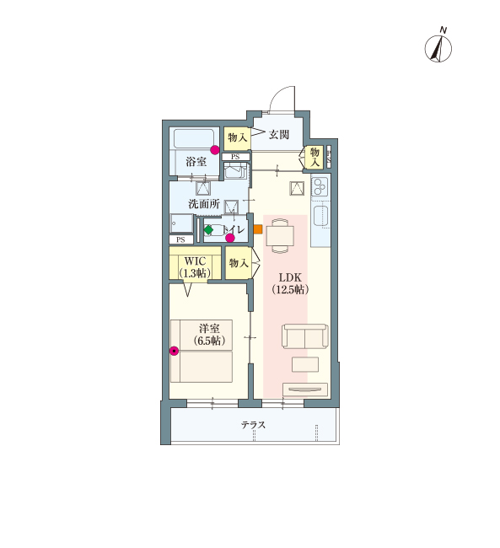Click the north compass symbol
click(438, 48)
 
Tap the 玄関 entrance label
click(279, 135)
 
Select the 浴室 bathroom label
click(196, 162)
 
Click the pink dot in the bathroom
click(215, 150)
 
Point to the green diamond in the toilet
click(208, 230)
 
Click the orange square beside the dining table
click(258, 229)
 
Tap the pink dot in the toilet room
click(229, 238)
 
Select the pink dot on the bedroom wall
click(174, 351)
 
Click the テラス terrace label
click(253, 425)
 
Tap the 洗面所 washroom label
click(204, 203)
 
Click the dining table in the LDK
click(280, 235)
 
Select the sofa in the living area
click(305, 336)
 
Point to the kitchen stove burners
click(320, 186)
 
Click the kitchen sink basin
click(320, 216)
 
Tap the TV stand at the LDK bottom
click(305, 390)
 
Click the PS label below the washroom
click(180, 239)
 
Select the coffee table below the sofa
click(305, 364)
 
